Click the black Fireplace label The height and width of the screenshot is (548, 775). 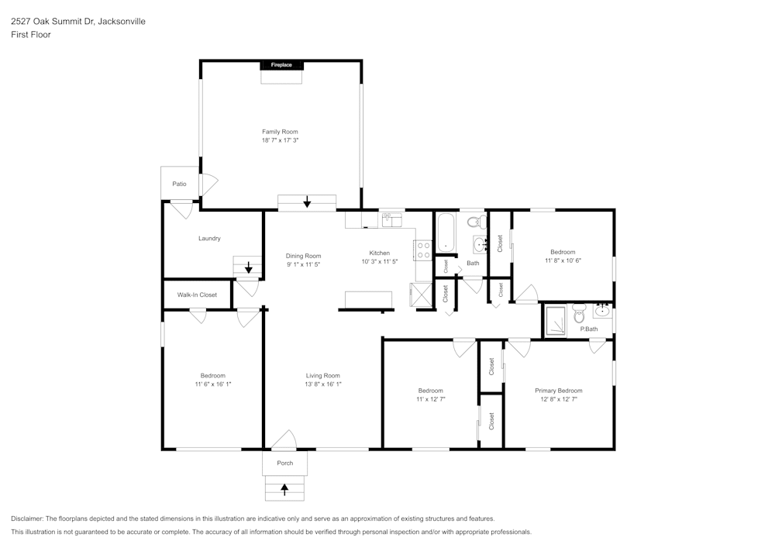pos(281,65)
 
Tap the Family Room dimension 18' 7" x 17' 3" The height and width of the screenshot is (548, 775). pos(280,140)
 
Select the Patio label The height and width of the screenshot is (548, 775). pos(179,184)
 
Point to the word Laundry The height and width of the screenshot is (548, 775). pos(209,238)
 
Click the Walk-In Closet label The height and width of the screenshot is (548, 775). pos(197,295)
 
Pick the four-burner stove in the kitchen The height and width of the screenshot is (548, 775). pos(423,250)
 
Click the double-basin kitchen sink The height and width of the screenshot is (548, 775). pos(392,220)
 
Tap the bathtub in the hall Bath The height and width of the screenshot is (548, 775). pos(446,233)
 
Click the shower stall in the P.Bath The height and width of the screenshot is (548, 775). pos(555,322)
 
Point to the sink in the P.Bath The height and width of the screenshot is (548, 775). pos(603,312)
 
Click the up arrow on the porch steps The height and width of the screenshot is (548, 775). pos(284,489)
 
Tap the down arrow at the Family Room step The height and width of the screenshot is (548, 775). pos(307,202)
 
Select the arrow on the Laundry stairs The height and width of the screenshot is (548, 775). pos(248,268)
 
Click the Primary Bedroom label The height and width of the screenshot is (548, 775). pos(558,391)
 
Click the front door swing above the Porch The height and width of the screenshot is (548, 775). pos(284,440)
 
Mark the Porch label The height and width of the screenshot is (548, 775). pos(284,463)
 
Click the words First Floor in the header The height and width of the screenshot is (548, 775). pos(31,35)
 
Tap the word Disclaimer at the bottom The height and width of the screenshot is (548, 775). pos(27,519)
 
